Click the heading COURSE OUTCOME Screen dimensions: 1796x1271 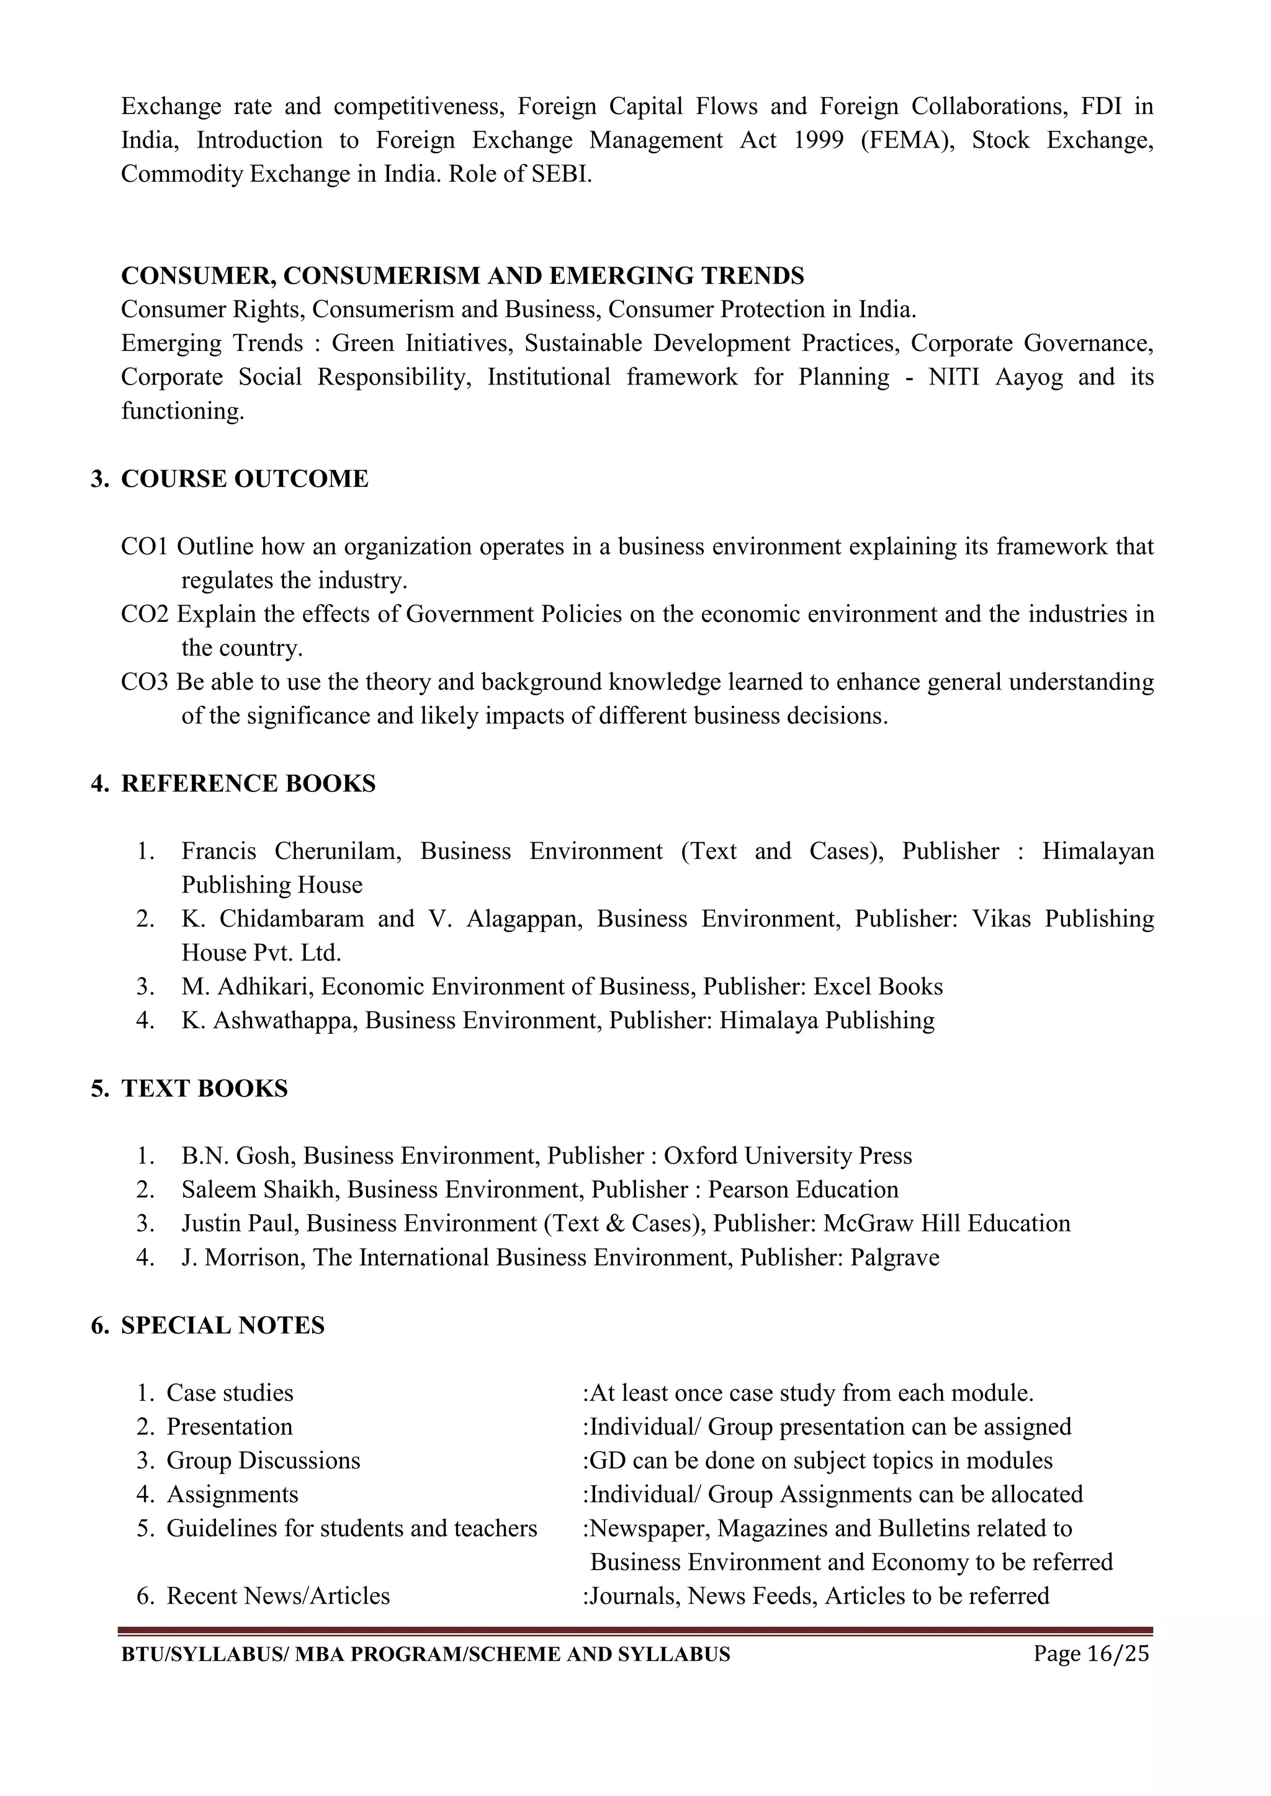(x=244, y=479)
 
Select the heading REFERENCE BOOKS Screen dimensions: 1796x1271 (x=248, y=784)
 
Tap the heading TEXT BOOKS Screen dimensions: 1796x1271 (x=204, y=1089)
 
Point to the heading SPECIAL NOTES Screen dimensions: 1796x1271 (x=222, y=1326)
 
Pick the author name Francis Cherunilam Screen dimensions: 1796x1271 (x=291, y=851)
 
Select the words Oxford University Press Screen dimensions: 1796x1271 (x=788, y=1156)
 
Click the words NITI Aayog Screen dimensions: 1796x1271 (x=995, y=377)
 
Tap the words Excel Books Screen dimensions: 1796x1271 (x=878, y=987)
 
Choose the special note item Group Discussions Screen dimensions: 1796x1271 (x=263, y=1461)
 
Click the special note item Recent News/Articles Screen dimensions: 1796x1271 (x=278, y=1596)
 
